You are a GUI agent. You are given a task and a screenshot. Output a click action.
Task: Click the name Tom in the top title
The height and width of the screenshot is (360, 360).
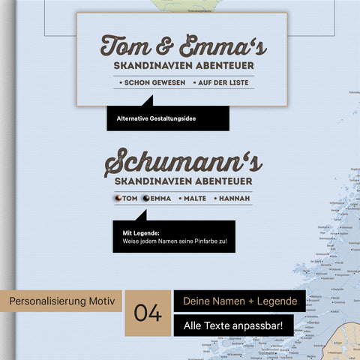point(124,46)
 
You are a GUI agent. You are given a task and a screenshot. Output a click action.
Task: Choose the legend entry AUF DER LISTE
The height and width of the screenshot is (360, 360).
point(223,81)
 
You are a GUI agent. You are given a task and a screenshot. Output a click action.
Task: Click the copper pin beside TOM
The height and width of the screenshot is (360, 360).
point(117,198)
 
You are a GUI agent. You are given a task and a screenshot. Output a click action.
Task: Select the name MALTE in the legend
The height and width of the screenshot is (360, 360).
point(195,198)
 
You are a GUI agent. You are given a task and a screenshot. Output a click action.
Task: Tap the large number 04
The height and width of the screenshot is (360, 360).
point(148,313)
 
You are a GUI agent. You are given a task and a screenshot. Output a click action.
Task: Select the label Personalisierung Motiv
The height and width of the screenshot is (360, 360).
point(63,301)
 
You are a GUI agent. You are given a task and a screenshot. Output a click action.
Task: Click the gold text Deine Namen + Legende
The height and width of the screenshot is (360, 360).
point(238,301)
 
